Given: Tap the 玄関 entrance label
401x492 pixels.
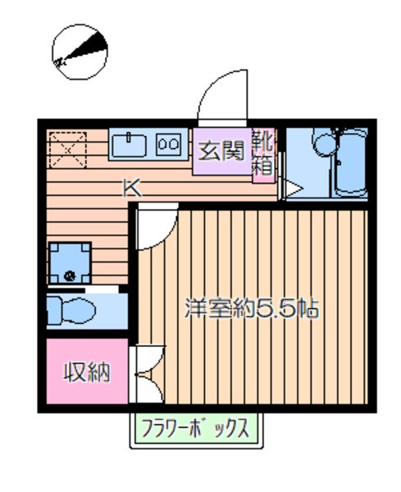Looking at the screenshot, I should (x=221, y=150).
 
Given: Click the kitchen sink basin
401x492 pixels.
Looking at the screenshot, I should (x=129, y=144).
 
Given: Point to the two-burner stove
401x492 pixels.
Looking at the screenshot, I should (x=168, y=144).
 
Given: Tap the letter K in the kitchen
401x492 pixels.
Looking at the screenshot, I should (x=131, y=188).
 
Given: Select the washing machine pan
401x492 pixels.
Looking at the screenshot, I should (x=70, y=262).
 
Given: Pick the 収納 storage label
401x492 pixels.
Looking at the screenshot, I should (x=87, y=373).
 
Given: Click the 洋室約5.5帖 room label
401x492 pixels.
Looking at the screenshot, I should (x=251, y=310).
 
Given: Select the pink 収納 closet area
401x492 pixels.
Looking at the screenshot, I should (x=87, y=385).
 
